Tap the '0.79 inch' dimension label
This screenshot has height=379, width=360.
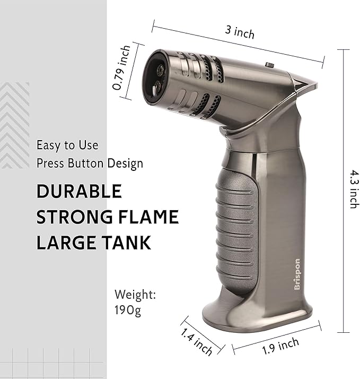point(122,68)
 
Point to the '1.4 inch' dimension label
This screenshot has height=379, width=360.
point(197,341)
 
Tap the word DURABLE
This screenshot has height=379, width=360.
point(80,192)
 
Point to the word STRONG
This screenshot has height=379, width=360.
point(74,217)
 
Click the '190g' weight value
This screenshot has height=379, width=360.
point(128,310)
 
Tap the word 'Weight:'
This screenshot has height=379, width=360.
point(135,295)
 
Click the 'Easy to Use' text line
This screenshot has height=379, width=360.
point(67,145)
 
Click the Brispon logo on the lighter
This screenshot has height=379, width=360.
point(297,273)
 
